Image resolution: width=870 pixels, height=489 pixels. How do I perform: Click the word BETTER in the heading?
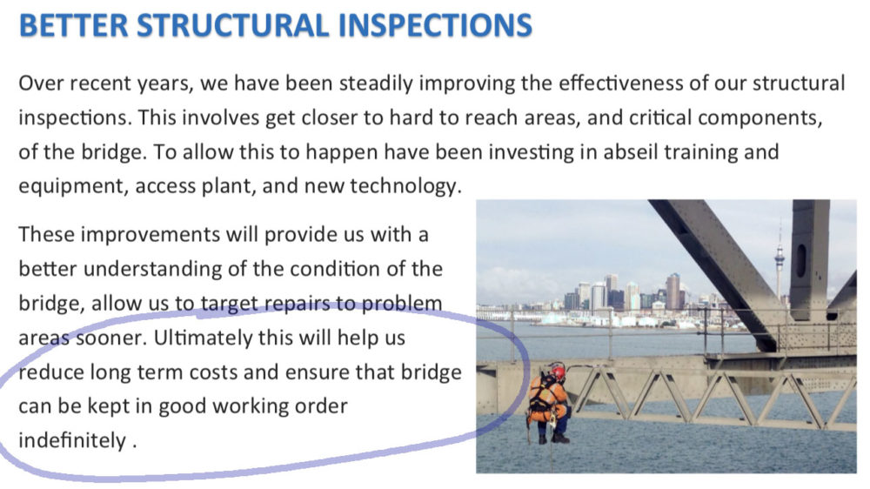pos(73,25)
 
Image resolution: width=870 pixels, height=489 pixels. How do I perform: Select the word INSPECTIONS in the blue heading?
pos(436,25)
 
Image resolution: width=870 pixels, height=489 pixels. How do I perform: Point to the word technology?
pos(406,186)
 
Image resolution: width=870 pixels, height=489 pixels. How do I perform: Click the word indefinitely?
pos(72,441)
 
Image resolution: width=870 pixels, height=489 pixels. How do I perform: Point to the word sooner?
pos(111,338)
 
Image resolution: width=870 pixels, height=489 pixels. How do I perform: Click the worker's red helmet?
pos(559,372)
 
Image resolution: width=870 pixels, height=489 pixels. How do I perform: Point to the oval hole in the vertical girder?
pos(802,260)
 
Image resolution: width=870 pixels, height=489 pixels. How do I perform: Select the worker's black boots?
pos(553,439)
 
